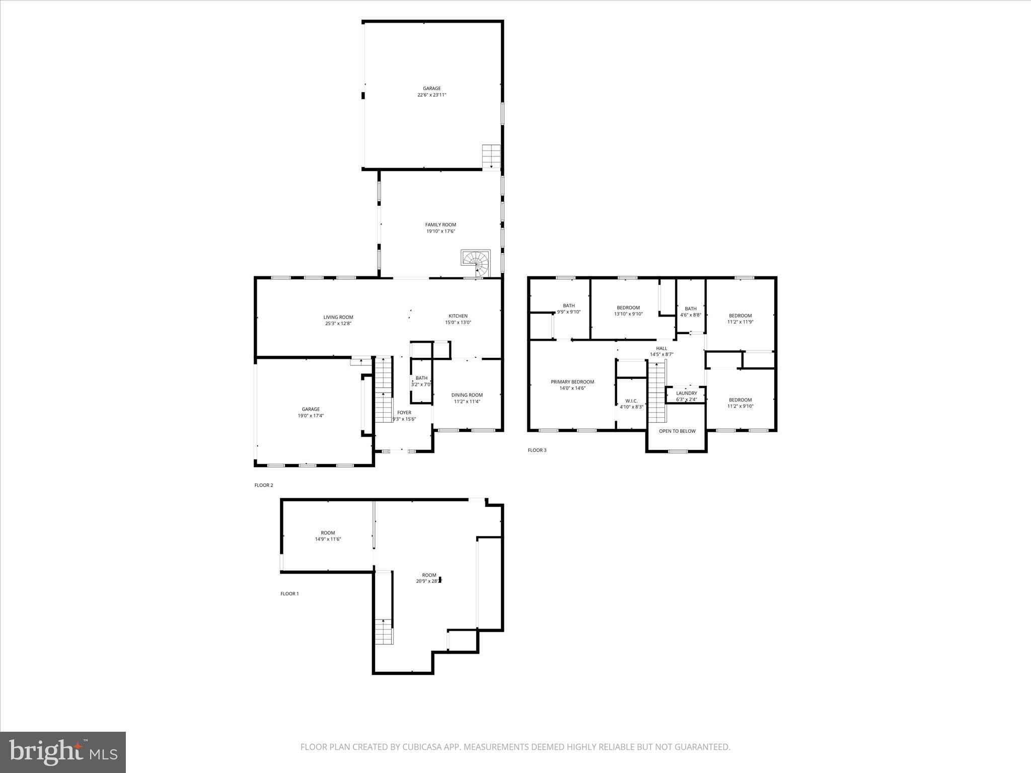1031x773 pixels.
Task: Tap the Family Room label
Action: tap(440, 225)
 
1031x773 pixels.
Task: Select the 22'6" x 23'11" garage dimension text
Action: tap(431, 95)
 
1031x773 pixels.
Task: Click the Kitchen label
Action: tap(458, 316)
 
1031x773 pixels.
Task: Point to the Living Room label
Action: tap(338, 317)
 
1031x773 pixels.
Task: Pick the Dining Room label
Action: tap(467, 395)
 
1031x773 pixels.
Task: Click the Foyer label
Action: tap(404, 413)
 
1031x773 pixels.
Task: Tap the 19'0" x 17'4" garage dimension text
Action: tap(311, 416)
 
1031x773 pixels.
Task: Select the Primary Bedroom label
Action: tap(572, 382)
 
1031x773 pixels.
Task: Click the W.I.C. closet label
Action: tap(631, 401)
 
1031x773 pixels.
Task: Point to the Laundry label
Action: tap(687, 393)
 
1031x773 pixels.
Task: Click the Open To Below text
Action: tap(677, 431)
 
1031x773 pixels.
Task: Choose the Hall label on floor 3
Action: tap(661, 348)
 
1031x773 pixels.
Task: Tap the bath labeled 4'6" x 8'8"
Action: tap(691, 312)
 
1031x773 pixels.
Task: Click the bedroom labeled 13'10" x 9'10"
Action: tap(628, 311)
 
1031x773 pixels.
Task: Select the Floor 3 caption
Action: tap(537, 450)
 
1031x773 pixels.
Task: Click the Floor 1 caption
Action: tap(289, 594)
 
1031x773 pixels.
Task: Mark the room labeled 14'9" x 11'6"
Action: tap(328, 536)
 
